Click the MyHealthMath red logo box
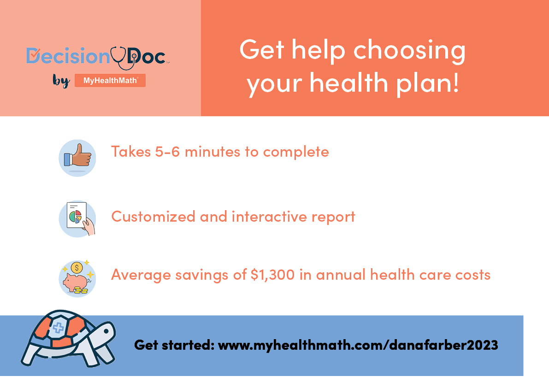(110, 81)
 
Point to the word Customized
(153, 217)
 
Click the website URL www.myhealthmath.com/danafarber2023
(358, 345)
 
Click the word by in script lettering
(61, 81)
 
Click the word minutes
(213, 152)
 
